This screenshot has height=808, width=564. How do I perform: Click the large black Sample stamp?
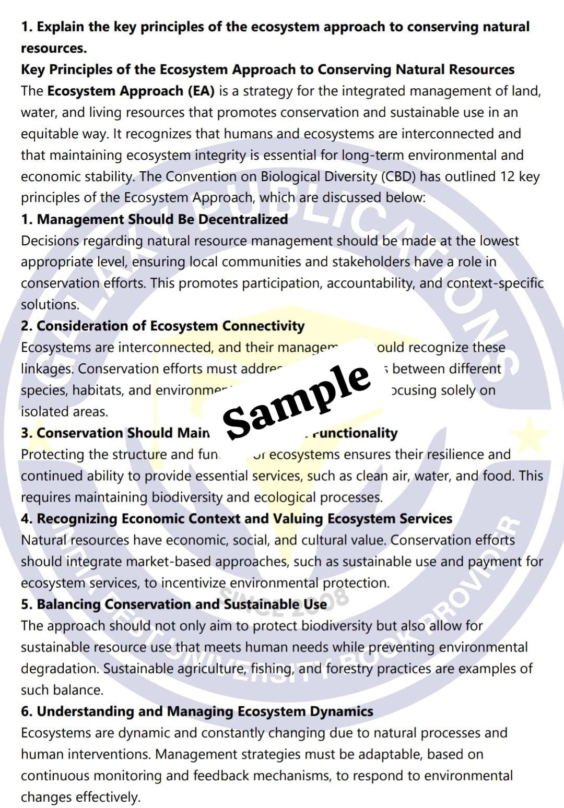click(x=297, y=399)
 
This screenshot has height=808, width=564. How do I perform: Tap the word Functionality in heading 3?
click(x=355, y=433)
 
